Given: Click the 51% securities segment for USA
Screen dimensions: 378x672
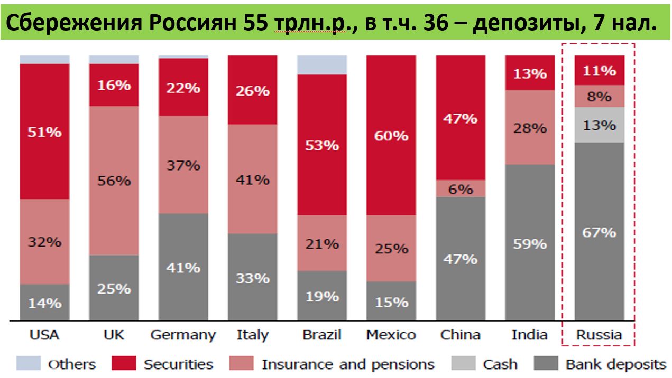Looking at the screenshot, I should [44, 131].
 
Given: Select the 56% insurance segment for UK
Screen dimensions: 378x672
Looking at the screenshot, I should [114, 181].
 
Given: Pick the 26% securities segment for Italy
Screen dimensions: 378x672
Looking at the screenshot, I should [253, 90].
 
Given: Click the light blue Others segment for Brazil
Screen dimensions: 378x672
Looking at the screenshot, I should [322, 65].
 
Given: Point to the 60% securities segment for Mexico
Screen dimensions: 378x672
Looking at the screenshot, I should [391, 135].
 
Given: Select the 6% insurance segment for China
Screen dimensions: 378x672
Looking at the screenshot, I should [461, 188].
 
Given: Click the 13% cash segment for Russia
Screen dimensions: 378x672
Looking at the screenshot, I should [600, 125].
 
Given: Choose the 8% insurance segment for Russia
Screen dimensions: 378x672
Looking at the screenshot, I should [600, 97].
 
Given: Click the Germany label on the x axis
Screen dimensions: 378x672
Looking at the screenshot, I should [183, 335].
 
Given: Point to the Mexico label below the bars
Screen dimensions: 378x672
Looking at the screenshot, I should [391, 335].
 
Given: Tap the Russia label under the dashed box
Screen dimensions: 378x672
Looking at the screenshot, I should [599, 335].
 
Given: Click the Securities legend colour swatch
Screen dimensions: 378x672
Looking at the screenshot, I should [124, 364].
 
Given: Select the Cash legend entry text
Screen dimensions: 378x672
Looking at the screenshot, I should [500, 364].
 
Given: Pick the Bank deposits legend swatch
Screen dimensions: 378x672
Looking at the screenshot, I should [546, 364].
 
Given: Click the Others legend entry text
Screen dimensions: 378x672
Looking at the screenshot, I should [72, 364].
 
